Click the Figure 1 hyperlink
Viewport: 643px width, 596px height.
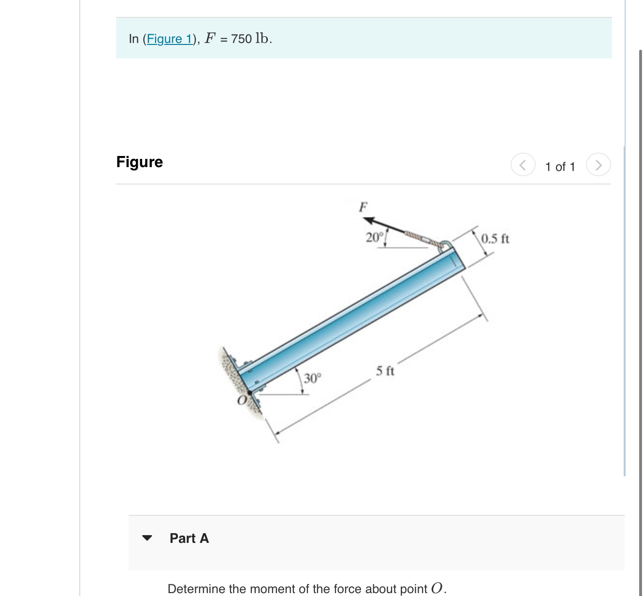click(x=169, y=39)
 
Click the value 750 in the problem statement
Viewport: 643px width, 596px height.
click(x=241, y=39)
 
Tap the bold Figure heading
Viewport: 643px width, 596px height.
click(x=139, y=162)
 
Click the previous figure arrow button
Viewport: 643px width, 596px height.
click(x=523, y=165)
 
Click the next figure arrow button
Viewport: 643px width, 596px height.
click(x=598, y=165)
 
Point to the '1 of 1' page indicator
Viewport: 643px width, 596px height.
click(x=560, y=167)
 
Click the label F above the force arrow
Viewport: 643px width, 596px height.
click(x=363, y=207)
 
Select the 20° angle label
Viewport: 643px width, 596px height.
click(x=374, y=237)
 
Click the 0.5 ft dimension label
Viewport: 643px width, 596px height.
click(x=495, y=239)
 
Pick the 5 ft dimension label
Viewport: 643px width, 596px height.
click(x=385, y=371)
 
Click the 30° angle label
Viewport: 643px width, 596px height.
click(x=312, y=378)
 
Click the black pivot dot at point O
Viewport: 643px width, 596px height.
click(x=250, y=392)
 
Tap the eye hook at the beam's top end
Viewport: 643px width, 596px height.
click(x=446, y=245)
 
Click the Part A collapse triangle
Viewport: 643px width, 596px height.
click(x=147, y=538)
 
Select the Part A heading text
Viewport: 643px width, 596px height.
click(x=189, y=538)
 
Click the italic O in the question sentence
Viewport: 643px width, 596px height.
click(x=437, y=588)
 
